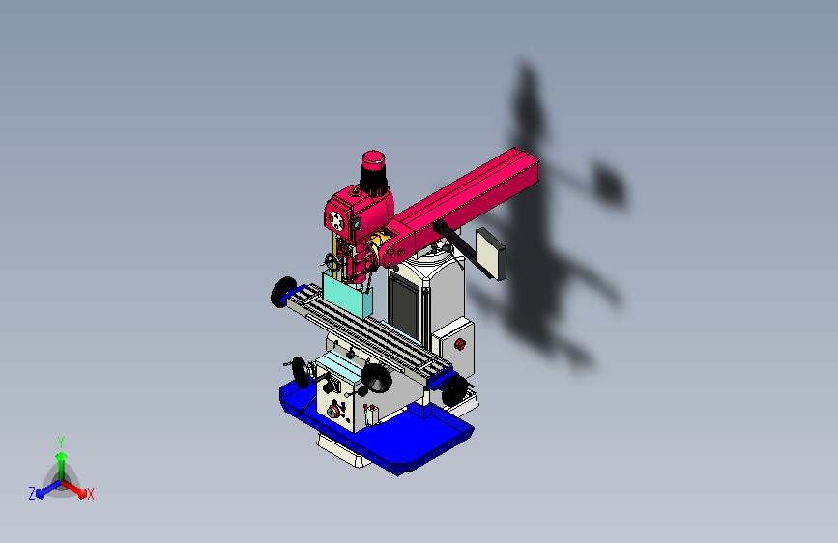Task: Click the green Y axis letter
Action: click(61, 441)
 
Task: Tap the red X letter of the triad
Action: click(90, 495)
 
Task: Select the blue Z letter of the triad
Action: click(32, 494)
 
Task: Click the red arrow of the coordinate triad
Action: click(77, 489)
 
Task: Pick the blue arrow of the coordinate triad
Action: click(44, 489)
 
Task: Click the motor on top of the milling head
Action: click(374, 171)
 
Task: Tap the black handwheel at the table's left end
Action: click(283, 291)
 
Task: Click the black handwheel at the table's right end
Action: click(453, 389)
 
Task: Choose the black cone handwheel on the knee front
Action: click(376, 380)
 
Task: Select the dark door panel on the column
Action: click(407, 299)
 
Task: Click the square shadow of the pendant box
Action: click(608, 181)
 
